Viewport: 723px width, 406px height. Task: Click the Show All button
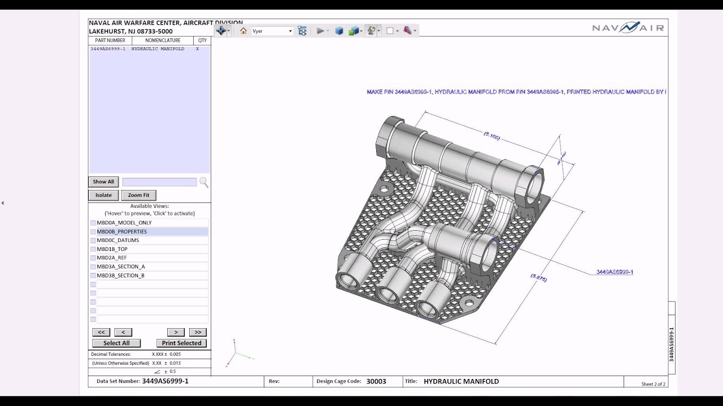click(x=103, y=182)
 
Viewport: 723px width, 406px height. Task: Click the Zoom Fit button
click(x=138, y=195)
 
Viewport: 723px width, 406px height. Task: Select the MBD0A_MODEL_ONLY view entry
click(x=124, y=223)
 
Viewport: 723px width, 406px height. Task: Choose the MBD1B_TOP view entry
click(x=112, y=249)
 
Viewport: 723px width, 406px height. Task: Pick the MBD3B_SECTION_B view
click(x=120, y=275)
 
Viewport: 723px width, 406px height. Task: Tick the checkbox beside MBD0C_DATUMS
click(x=93, y=240)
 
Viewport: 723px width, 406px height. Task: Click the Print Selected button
click(x=181, y=343)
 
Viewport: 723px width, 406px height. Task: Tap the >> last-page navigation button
click(x=198, y=332)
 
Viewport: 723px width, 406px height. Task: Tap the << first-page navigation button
click(x=101, y=332)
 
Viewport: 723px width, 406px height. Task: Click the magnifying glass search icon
click(x=203, y=182)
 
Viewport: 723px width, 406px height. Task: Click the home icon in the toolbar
click(x=243, y=31)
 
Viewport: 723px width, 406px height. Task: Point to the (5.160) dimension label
click(x=492, y=136)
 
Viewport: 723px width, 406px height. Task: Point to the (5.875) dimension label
click(x=539, y=277)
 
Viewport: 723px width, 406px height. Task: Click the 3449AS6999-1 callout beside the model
click(x=615, y=272)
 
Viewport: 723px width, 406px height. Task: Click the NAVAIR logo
click(x=628, y=28)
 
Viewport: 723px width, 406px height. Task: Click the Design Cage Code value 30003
click(x=376, y=381)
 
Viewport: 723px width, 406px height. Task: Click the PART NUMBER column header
click(x=110, y=41)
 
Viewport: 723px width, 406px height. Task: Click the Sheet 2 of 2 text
click(x=653, y=384)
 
